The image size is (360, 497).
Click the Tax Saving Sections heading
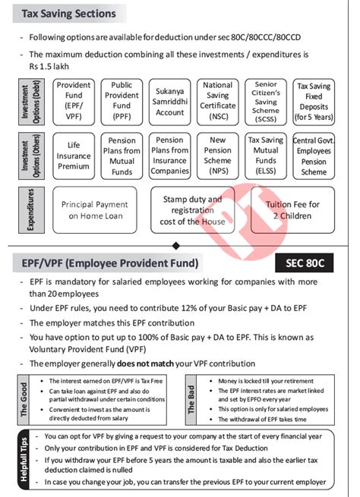pyautogui.click(x=68, y=14)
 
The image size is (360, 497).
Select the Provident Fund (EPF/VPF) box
pyautogui.click(x=74, y=102)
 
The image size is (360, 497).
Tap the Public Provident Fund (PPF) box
pyautogui.click(x=122, y=102)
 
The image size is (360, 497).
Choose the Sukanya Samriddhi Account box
pyautogui.click(x=169, y=102)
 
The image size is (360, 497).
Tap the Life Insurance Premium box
pyautogui.click(x=74, y=156)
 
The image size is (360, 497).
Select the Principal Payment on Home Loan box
pyautogui.click(x=94, y=210)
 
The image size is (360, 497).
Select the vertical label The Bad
pyautogui.click(x=192, y=399)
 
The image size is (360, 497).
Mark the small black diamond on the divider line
pyautogui.click(x=176, y=245)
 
